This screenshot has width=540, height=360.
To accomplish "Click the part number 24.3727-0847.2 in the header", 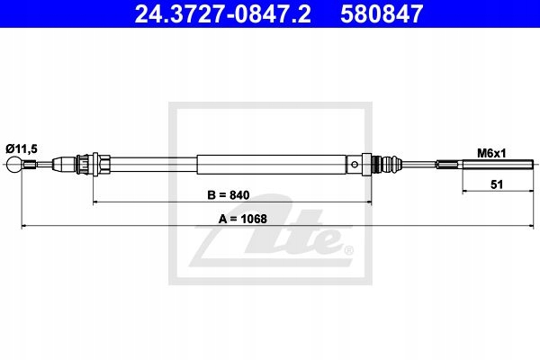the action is coord(222,13).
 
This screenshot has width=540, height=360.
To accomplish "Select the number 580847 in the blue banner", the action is coord(382,13).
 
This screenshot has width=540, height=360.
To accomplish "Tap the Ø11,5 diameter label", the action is coord(22,149).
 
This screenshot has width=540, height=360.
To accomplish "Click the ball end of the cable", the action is coord(13,165).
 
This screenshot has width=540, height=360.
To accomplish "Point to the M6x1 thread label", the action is coord(491,153).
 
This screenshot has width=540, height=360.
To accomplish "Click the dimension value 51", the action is coord(497,184).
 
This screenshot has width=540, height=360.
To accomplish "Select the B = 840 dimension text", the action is coord(229,195).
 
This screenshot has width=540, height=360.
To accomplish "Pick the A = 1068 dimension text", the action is coord(243,219).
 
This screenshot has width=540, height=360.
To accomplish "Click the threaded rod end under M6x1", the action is coord(498,165).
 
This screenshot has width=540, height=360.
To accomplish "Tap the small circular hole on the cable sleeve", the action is coord(355,165).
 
